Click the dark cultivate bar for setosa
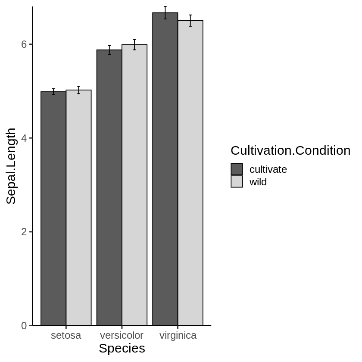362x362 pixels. (53, 209)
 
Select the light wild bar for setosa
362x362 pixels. (78, 208)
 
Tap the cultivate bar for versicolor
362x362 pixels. (109, 187)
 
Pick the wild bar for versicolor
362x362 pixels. (134, 185)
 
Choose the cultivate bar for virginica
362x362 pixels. (165, 169)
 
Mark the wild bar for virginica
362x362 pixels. (190, 173)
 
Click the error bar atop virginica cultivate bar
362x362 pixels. (165, 12)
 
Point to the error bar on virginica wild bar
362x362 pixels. (190, 20)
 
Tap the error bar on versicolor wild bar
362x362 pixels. (134, 44)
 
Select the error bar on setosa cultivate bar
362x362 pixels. (53, 91)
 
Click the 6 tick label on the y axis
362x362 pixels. (24, 44)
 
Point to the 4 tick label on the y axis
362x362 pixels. (24, 138)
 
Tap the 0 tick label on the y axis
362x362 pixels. (24, 326)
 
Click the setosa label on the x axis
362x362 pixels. (66, 336)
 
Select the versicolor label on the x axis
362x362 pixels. (122, 336)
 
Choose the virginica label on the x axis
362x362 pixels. (178, 336)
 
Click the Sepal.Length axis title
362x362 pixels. (11, 166)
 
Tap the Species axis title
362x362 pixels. (122, 349)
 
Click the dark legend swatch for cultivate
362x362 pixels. (237, 169)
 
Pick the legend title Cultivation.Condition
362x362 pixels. (290, 150)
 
